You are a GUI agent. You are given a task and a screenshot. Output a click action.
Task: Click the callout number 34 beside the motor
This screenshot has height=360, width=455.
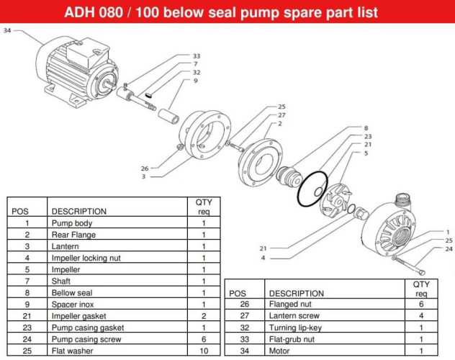coord(7,30)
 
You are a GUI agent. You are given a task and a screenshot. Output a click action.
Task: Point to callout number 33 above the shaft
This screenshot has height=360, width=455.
coord(196,55)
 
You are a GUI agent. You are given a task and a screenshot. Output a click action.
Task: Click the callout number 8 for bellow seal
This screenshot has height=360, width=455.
coord(366,127)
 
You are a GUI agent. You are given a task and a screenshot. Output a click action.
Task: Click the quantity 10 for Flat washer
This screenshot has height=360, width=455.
coord(203,351)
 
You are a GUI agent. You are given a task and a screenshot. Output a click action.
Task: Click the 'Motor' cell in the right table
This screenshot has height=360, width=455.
coord(279,351)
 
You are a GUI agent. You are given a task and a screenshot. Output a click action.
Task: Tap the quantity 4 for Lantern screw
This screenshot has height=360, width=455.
coord(422,316)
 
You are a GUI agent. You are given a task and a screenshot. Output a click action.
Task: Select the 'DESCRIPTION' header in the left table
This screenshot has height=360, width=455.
coord(78,212)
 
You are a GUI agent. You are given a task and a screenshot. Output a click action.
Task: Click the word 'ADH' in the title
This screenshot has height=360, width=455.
coord(83,13)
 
